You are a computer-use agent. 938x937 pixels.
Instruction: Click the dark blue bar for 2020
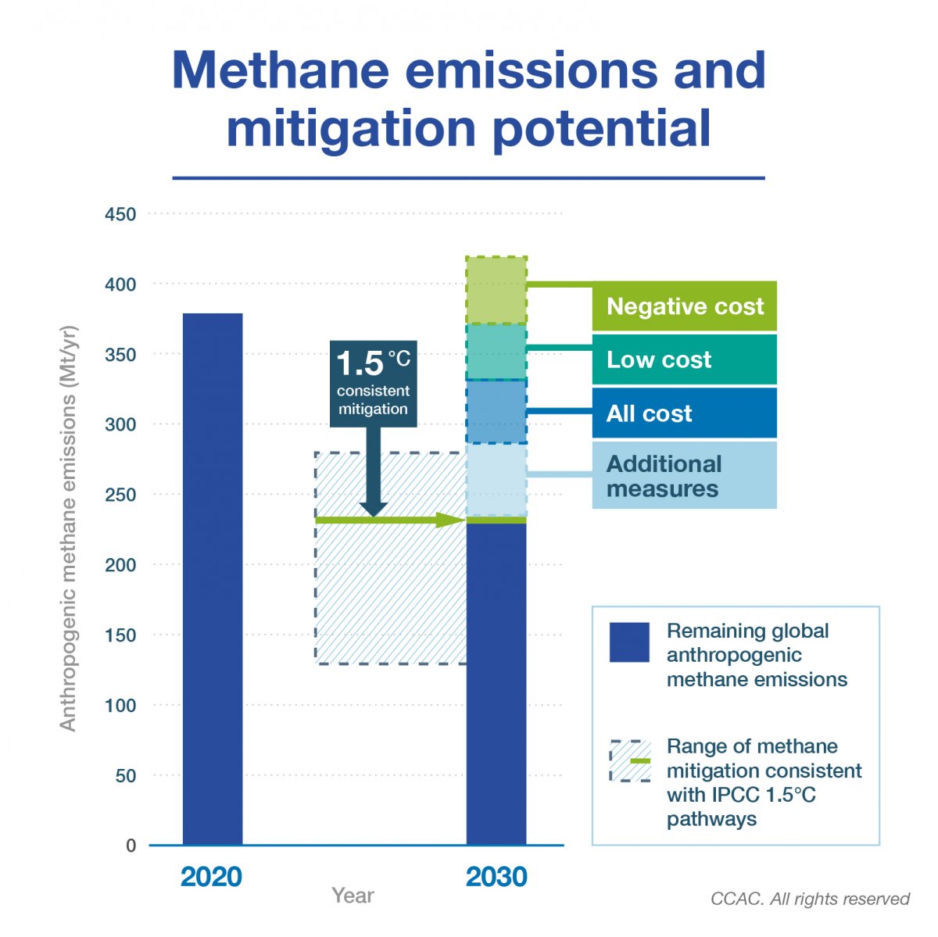click(213, 579)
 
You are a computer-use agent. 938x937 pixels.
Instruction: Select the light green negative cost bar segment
click(496, 290)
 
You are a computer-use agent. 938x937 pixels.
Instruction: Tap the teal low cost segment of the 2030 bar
click(496, 352)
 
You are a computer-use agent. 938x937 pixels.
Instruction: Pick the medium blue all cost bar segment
click(496, 412)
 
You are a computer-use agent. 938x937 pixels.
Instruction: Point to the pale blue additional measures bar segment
click(496, 480)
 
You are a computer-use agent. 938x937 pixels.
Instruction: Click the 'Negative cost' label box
click(684, 306)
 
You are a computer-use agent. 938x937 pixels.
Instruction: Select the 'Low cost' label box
click(684, 359)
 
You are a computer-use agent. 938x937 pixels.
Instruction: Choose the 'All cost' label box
click(684, 413)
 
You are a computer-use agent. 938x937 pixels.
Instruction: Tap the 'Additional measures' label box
click(684, 476)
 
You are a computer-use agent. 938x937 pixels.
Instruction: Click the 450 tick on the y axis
click(120, 214)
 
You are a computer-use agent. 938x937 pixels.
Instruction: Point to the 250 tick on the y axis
click(120, 495)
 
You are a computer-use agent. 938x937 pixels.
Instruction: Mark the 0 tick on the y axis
click(131, 846)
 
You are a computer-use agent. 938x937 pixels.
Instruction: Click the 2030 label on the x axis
click(496, 877)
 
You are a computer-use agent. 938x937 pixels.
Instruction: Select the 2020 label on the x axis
click(211, 877)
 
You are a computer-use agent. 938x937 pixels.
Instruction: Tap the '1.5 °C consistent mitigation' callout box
click(374, 384)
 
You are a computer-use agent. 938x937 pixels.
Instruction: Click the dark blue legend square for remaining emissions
click(629, 642)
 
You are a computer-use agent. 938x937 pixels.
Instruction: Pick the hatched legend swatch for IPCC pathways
click(630, 761)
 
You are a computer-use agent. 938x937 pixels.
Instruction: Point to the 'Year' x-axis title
click(353, 896)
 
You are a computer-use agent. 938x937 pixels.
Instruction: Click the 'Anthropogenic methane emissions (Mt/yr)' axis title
click(68, 528)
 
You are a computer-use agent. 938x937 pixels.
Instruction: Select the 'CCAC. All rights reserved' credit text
click(810, 899)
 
